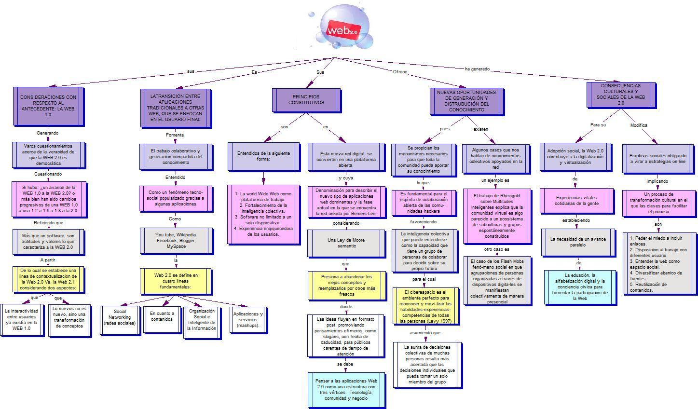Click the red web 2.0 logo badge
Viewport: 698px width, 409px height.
point(343,30)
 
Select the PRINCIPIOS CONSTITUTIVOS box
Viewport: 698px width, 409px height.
point(307,100)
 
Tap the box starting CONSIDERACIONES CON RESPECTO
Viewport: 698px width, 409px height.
point(49,107)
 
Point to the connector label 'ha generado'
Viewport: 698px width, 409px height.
point(477,69)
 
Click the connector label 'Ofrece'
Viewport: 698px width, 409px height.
point(400,72)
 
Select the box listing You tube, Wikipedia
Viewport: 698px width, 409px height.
point(177,241)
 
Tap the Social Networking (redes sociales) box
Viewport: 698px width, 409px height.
point(120,321)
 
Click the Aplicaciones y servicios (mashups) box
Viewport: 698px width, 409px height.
point(248,320)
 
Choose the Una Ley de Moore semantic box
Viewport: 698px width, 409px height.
point(346,244)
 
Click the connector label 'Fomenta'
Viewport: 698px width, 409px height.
point(175,135)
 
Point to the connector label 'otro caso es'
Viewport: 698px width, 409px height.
point(497,249)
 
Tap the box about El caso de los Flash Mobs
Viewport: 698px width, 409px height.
point(498,281)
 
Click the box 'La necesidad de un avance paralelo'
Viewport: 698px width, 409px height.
point(579,243)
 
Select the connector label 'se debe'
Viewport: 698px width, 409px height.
point(345,364)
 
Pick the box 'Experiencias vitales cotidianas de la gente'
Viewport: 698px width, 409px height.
point(577,201)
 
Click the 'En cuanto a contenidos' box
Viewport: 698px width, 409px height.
point(163,320)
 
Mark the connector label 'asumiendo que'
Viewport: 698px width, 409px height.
point(425,333)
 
